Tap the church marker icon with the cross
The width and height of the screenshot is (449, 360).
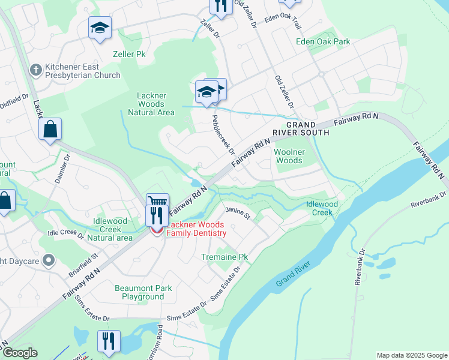tap(36, 70)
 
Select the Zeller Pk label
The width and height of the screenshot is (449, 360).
tap(129, 54)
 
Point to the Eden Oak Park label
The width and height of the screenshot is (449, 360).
tap(323, 42)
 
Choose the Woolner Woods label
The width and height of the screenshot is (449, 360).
tap(289, 156)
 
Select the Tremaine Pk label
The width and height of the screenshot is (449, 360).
tap(224, 257)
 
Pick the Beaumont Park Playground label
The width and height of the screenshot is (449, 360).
tap(143, 292)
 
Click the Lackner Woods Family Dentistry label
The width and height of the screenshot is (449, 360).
tap(196, 229)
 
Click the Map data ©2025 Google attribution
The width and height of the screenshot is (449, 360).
tap(411, 355)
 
